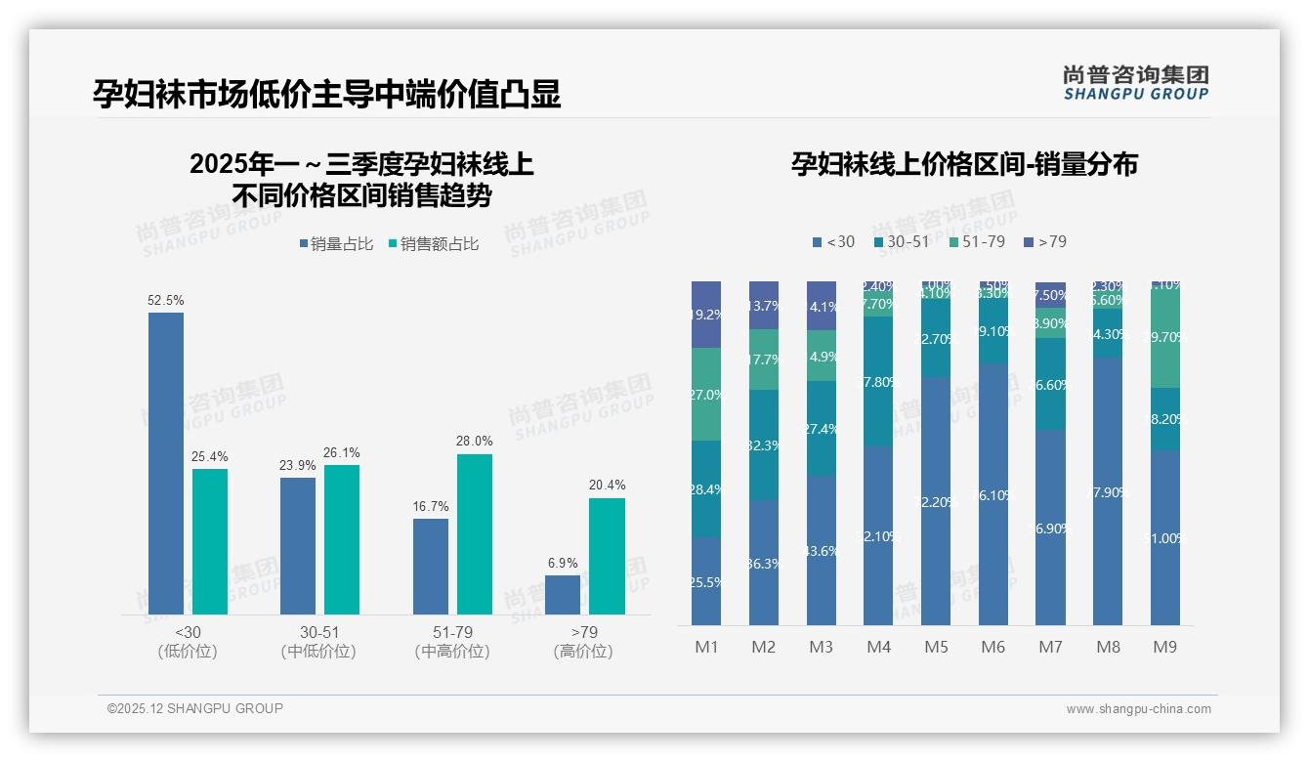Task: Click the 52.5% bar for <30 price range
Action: pyautogui.click(x=166, y=463)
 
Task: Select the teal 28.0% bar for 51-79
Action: pyautogui.click(x=475, y=534)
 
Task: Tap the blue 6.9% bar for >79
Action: pyautogui.click(x=563, y=595)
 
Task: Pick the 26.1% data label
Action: pyautogui.click(x=342, y=453)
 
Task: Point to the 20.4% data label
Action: pyautogui.click(x=607, y=486)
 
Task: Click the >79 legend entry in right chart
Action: pyautogui.click(x=1045, y=241)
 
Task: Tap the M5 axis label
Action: pyautogui.click(x=936, y=647)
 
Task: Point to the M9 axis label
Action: pyautogui.click(x=1165, y=647)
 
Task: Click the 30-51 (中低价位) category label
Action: pyautogui.click(x=318, y=642)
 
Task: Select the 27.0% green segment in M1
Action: pyautogui.click(x=706, y=395)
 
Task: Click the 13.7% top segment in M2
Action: pyautogui.click(x=764, y=306)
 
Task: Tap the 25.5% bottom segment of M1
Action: pyautogui.click(x=706, y=581)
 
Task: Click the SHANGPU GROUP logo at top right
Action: pyautogui.click(x=1135, y=83)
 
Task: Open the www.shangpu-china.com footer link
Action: pyautogui.click(x=1138, y=709)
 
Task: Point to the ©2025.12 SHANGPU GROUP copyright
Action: pyautogui.click(x=195, y=708)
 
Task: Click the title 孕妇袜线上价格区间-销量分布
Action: pyautogui.click(x=964, y=164)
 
